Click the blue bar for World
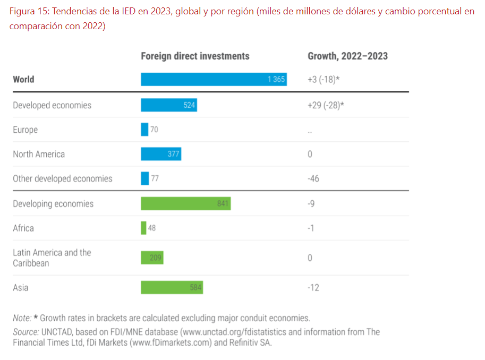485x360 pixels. (214, 79)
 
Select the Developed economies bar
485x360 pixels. (168, 105)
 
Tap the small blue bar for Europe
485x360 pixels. (144, 130)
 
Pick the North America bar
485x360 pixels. (161, 154)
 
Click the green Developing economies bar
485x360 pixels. (185, 203)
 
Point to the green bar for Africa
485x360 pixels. (143, 228)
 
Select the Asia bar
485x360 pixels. (172, 287)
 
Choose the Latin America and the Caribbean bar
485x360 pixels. (152, 258)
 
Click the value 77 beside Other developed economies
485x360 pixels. (155, 178)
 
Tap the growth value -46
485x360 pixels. (313, 178)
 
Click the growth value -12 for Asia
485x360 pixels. (313, 287)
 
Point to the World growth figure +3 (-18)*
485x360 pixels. (324, 79)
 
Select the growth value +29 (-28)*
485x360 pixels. (326, 105)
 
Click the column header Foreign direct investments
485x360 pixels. (195, 56)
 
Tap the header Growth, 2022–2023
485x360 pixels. (347, 56)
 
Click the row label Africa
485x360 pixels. (23, 228)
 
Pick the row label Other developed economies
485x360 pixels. (63, 178)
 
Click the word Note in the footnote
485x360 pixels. (21, 318)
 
